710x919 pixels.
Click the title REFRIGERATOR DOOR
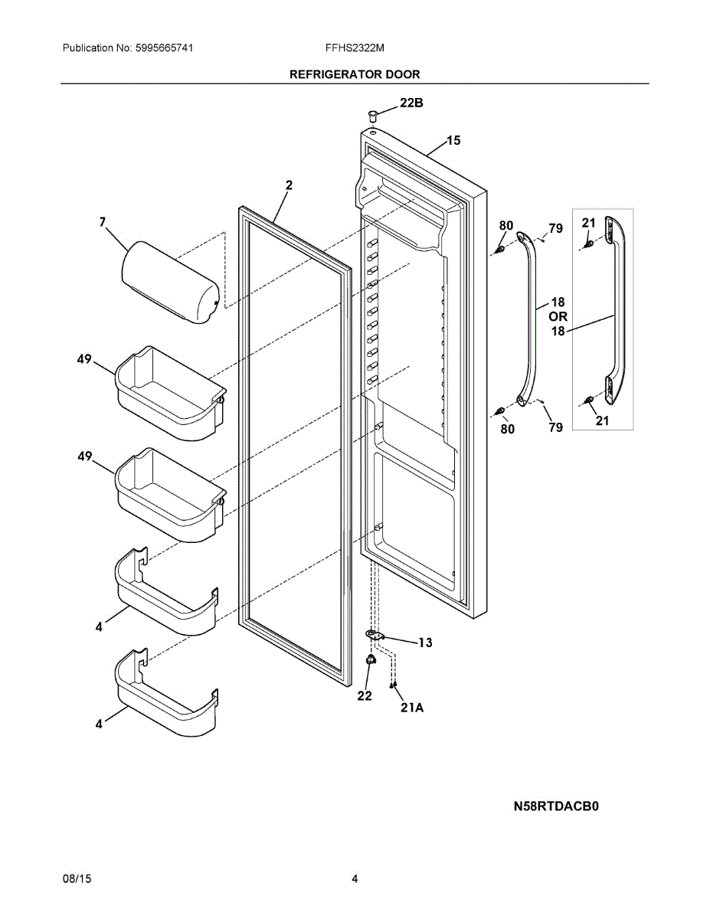354,74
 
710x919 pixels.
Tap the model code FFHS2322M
354,47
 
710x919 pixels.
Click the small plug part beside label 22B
373,116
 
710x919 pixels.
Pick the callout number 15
453,140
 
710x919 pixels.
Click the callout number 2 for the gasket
289,185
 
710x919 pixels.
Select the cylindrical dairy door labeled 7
170,281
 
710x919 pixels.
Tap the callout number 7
102,222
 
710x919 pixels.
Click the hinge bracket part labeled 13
375,635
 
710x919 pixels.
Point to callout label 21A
411,708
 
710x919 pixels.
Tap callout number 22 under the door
364,695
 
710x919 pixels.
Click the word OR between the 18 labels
558,316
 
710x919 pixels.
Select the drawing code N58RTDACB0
555,806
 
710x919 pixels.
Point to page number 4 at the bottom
355,879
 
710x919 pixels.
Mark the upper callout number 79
555,228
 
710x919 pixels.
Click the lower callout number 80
507,429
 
